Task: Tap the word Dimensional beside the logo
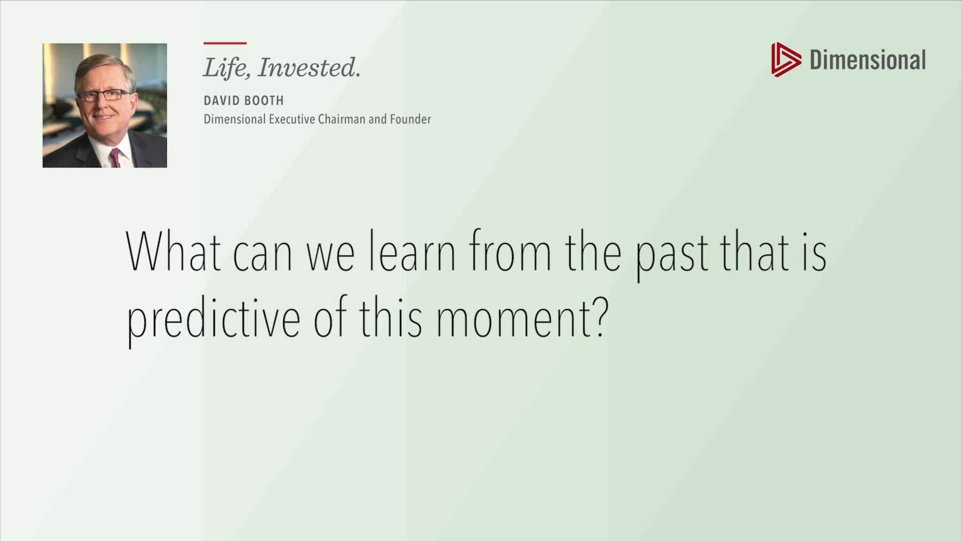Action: point(867,60)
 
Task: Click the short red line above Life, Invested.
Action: point(225,43)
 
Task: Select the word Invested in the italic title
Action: point(309,68)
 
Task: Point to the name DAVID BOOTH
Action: point(244,100)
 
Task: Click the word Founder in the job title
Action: point(410,119)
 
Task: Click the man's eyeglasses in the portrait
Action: point(104,96)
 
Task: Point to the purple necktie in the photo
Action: point(114,158)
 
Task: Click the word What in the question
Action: point(173,251)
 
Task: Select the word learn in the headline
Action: point(412,251)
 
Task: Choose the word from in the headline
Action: point(510,251)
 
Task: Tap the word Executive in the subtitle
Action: point(291,119)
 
